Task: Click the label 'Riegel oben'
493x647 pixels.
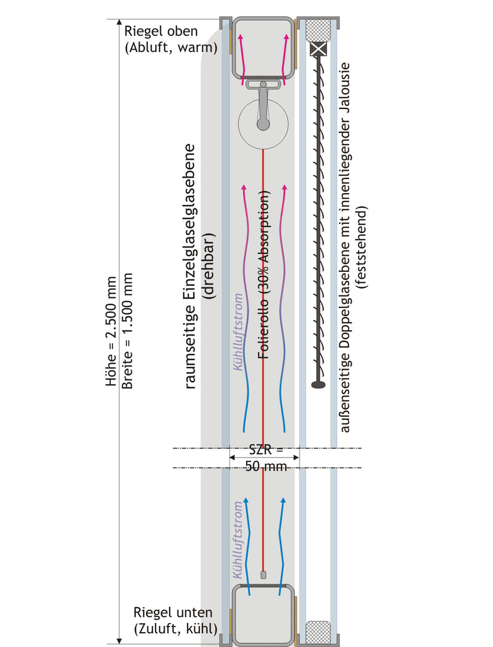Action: tap(161, 31)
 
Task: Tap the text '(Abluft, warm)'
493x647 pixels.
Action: tap(171, 47)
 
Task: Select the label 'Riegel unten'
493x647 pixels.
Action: tap(173, 612)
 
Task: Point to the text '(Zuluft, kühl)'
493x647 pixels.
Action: tap(176, 629)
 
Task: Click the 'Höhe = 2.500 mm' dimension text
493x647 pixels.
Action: tap(111, 331)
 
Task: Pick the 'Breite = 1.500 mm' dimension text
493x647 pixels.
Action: tap(128, 331)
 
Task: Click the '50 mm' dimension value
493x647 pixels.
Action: tap(266, 467)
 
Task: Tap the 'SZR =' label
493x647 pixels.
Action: tap(267, 449)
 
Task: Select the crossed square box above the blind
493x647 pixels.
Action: tap(318, 50)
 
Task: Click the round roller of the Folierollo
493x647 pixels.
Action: tap(263, 124)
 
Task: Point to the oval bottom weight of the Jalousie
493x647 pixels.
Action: tap(318, 385)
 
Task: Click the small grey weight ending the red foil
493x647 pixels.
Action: tap(263, 575)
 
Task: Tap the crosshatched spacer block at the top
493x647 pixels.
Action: tap(318, 29)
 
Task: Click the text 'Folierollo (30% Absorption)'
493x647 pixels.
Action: tap(264, 274)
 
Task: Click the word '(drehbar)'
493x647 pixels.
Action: tap(208, 266)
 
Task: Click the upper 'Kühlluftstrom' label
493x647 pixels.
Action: tap(238, 332)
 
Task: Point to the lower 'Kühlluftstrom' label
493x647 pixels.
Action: tap(238, 540)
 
